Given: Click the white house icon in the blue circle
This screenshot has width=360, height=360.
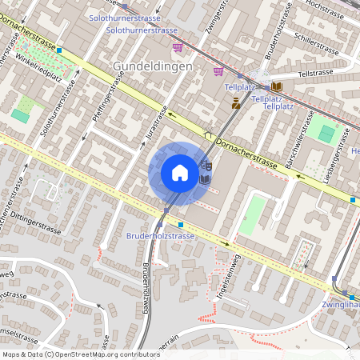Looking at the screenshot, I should coord(179,173).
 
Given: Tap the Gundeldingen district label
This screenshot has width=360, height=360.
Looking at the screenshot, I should coord(153,66).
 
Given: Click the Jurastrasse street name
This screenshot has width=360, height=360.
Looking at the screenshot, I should coord(156,125).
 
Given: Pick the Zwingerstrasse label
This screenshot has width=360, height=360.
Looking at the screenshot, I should coord(214,21).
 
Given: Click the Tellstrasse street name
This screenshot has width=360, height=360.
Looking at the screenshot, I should coord(314,73).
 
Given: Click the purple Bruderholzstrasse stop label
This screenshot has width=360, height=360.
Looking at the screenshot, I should coord(160,236).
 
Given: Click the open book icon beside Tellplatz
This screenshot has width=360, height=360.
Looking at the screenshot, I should coord(277,86).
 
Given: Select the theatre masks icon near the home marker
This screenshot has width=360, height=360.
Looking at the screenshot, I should coord(206,166).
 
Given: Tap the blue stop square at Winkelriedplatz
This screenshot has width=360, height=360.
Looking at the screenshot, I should coord(60,50).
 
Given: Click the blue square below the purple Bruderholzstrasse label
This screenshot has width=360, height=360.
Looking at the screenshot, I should coord(181,226).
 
